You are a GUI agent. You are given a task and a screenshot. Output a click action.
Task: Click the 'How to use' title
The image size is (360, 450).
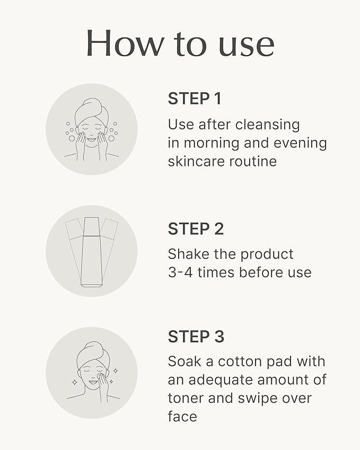coord(180,43)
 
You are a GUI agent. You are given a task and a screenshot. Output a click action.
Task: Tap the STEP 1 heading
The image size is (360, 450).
coord(194,99)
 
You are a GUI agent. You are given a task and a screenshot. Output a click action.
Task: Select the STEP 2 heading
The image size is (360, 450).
coord(196,229)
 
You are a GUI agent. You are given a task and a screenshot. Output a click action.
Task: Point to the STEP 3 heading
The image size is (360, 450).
coord(196,337)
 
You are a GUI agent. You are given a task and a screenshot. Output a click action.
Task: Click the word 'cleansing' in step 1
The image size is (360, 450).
coord(267,125)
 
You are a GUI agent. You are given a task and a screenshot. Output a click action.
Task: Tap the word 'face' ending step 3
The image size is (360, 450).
coord(182,416)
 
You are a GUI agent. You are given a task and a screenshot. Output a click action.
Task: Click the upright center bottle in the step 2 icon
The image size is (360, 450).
coord(92,252)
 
